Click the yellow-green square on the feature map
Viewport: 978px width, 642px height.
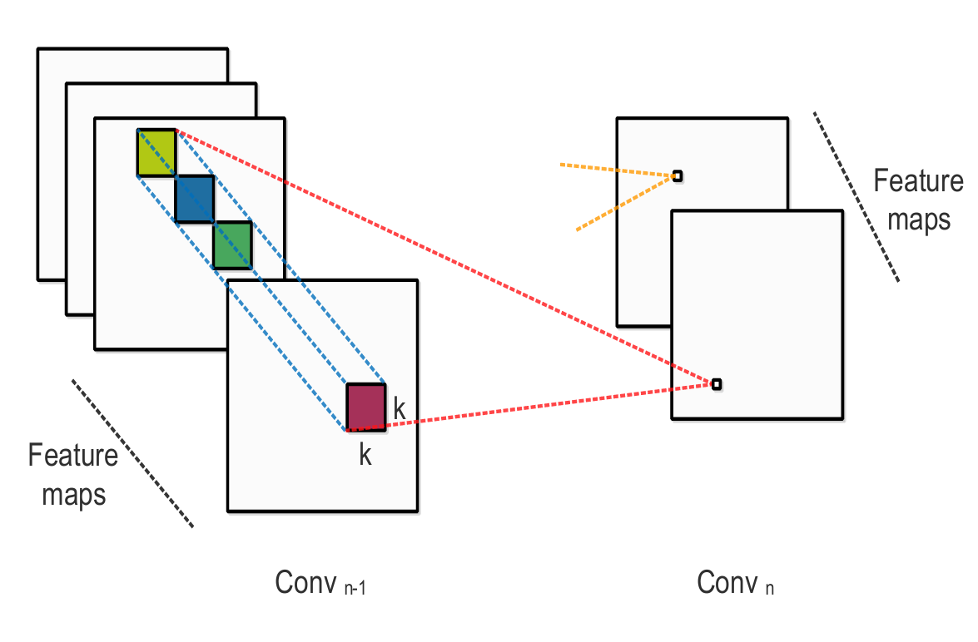pyautogui.click(x=156, y=152)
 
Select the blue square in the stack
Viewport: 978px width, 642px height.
pyautogui.click(x=194, y=199)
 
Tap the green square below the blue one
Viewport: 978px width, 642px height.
pyautogui.click(x=232, y=245)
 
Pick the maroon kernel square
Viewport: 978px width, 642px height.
pyautogui.click(x=366, y=407)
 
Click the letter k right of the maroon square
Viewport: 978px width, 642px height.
pyautogui.click(x=400, y=409)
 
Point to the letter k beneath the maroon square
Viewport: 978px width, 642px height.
pyautogui.click(x=365, y=455)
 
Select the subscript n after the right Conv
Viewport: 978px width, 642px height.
pyautogui.click(x=770, y=588)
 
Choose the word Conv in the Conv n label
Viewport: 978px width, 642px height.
pyautogui.click(x=727, y=584)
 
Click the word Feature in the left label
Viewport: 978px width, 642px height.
pyautogui.click(x=73, y=457)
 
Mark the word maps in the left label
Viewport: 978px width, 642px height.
pyautogui.click(x=74, y=495)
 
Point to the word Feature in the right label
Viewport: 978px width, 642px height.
pyautogui.click(x=918, y=181)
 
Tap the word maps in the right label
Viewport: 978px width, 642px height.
pyautogui.click(x=919, y=220)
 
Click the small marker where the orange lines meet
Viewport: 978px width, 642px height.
pyautogui.click(x=677, y=175)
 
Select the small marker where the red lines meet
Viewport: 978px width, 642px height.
pyautogui.click(x=716, y=384)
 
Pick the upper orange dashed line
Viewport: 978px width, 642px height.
pyautogui.click(x=616, y=169)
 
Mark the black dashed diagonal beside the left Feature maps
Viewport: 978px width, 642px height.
pyautogui.click(x=132, y=453)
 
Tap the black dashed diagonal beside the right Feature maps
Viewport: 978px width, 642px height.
pyautogui.click(x=856, y=196)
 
